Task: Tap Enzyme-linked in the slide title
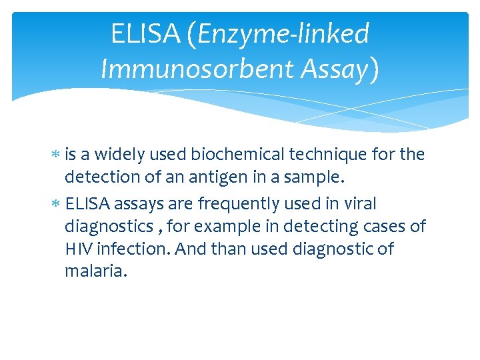click(283, 34)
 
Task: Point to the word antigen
click(224, 178)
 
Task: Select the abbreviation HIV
click(79, 249)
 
